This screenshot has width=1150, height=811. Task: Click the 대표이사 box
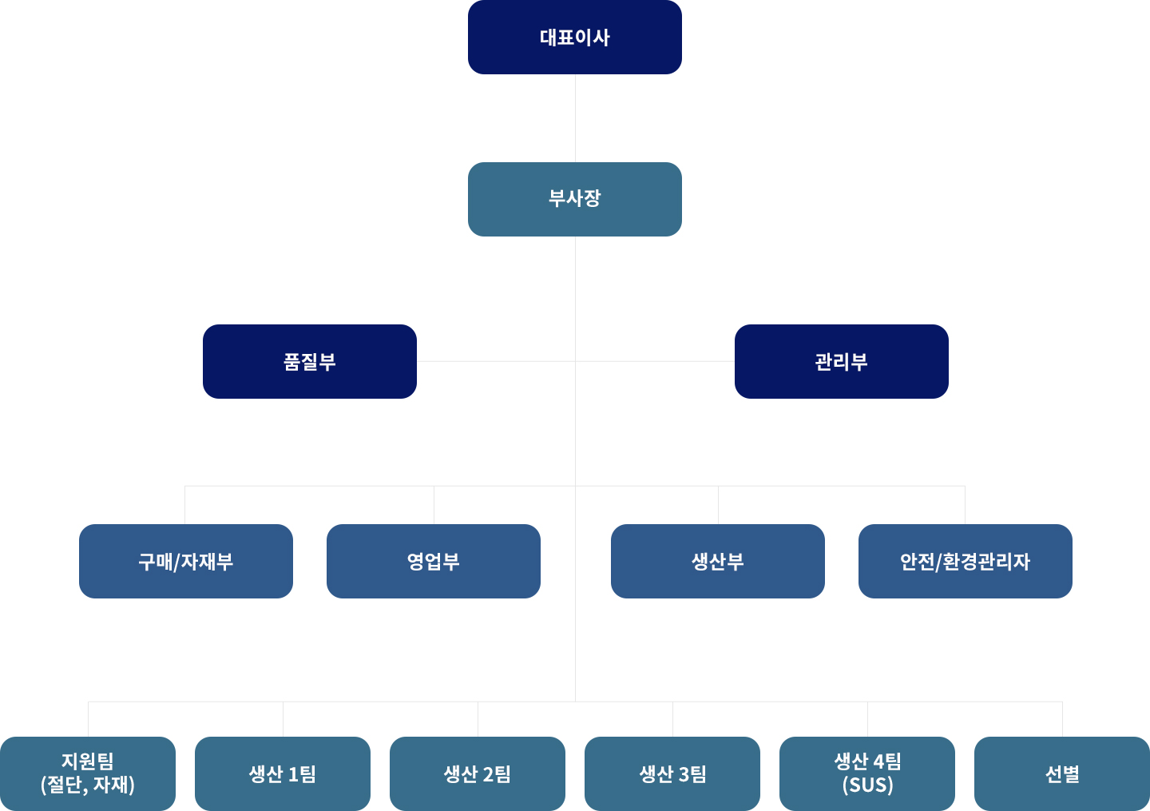point(575,38)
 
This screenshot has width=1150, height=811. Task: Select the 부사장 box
point(575,199)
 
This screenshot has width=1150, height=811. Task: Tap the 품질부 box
point(310,361)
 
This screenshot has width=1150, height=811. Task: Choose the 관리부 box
point(842,361)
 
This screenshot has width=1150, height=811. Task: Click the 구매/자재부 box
point(186,561)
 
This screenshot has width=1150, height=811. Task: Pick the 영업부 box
point(434,561)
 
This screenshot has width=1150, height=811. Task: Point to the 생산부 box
point(718,561)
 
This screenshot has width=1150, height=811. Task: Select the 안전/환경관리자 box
point(966,561)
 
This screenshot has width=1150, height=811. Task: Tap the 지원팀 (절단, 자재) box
point(88,773)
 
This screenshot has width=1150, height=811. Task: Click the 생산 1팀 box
point(283,773)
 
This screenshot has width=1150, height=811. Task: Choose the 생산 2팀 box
point(478,773)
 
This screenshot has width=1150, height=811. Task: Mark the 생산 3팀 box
point(672,773)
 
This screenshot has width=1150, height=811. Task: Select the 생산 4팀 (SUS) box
point(867,773)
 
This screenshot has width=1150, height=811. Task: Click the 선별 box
point(1062,773)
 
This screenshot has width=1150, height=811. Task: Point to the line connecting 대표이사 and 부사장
point(575,118)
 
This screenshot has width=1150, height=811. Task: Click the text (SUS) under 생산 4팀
point(868,785)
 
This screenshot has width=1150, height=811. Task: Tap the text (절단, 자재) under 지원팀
point(88,785)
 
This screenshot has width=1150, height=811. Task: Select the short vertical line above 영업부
point(434,505)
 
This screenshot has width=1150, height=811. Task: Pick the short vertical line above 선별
point(1062,719)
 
